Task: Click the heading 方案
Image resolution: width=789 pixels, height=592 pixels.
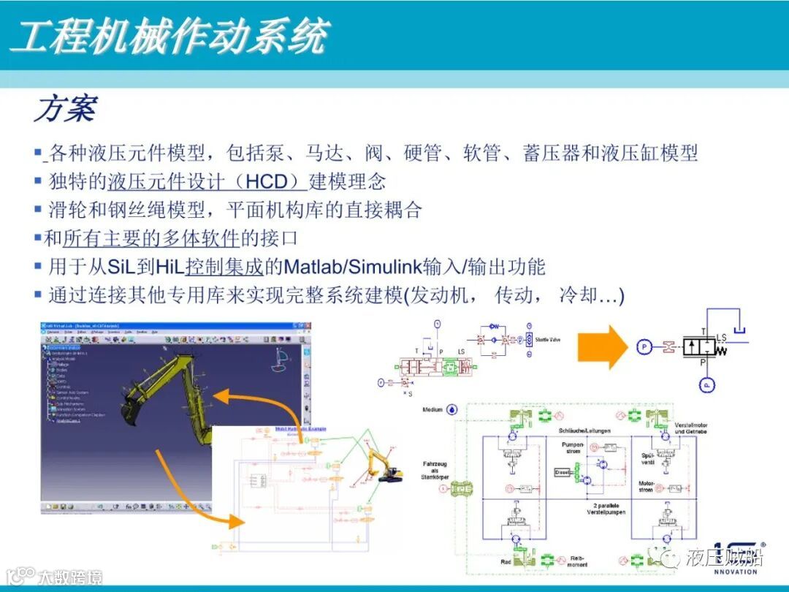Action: (x=64, y=109)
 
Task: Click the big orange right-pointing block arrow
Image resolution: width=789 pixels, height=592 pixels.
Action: (x=603, y=346)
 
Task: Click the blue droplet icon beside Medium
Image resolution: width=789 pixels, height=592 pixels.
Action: (x=452, y=410)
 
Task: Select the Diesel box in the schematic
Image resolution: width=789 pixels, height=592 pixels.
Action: (x=563, y=472)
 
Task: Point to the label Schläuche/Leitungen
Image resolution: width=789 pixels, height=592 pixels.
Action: (x=584, y=430)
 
